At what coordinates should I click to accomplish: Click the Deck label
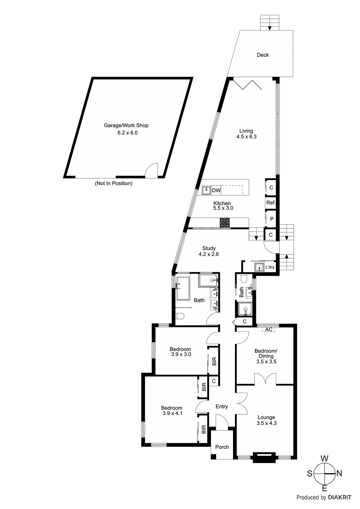(x=263, y=55)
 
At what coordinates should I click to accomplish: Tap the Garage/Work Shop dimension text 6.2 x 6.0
(x=128, y=133)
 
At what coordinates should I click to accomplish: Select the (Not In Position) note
(x=114, y=183)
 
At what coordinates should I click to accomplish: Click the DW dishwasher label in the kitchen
(x=216, y=191)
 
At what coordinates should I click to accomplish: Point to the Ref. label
(x=271, y=203)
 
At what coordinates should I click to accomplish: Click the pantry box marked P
(x=272, y=219)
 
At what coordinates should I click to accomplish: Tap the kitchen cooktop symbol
(x=225, y=223)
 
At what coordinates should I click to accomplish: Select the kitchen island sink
(x=206, y=191)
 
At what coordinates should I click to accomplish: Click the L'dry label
(x=270, y=267)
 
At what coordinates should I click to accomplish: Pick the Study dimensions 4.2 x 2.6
(x=208, y=254)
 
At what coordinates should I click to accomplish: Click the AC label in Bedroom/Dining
(x=269, y=330)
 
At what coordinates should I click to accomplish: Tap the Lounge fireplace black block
(x=264, y=458)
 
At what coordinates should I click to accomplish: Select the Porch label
(x=222, y=447)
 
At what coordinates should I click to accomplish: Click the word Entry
(x=222, y=407)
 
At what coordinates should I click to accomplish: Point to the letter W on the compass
(x=324, y=458)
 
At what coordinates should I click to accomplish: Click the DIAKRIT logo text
(x=340, y=498)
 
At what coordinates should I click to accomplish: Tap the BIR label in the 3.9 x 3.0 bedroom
(x=214, y=361)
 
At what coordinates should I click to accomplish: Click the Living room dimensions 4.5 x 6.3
(x=246, y=137)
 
